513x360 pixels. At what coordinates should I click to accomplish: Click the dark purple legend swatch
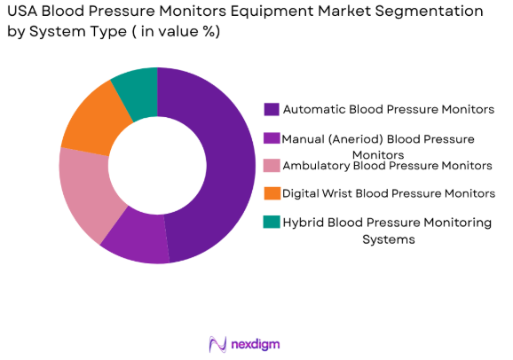point(271,110)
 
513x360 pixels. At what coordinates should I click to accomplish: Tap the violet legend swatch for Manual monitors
point(271,138)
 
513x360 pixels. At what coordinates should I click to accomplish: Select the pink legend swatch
point(271,165)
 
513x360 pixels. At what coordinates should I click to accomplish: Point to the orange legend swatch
point(271,192)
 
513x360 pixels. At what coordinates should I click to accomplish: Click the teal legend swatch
point(271,222)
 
